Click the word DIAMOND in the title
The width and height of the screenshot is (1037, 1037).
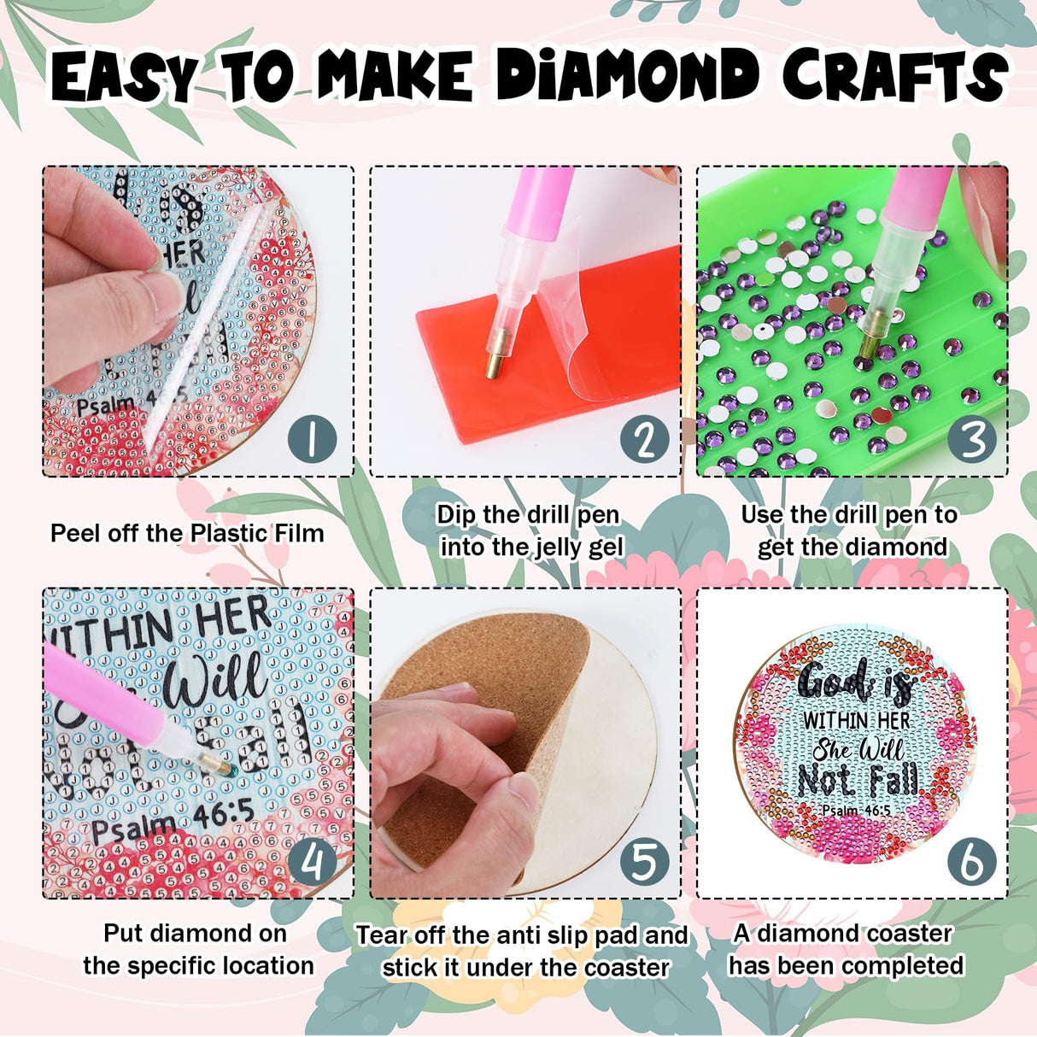click(628, 75)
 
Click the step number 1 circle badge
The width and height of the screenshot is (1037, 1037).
click(311, 439)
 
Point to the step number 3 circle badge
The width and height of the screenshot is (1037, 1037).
click(972, 440)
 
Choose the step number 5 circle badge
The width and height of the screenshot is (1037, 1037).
click(643, 862)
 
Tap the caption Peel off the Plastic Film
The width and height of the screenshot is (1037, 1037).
click(187, 534)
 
